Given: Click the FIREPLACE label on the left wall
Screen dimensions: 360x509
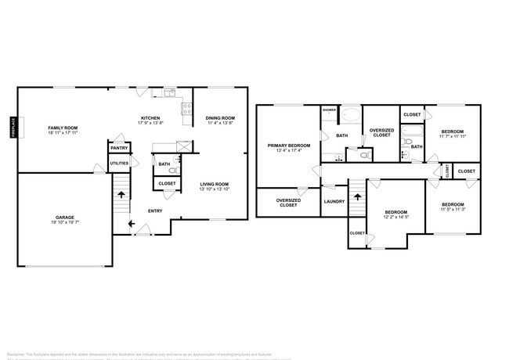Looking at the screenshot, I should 13,128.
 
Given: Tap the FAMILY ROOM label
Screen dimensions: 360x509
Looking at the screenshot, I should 63,128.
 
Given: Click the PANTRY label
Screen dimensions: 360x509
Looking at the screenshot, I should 119,148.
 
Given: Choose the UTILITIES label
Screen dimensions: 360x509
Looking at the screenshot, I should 119,164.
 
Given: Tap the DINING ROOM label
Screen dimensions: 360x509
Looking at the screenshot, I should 221,118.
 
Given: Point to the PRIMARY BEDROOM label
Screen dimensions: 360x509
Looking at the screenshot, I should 289,146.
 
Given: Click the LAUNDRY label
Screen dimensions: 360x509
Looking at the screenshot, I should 334,201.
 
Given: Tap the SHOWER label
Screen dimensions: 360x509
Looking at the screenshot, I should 330,110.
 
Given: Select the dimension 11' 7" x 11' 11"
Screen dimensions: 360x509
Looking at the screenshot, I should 452,136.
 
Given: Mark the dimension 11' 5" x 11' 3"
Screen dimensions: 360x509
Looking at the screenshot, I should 452,209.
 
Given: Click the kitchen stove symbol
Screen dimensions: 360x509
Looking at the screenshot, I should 187,110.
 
